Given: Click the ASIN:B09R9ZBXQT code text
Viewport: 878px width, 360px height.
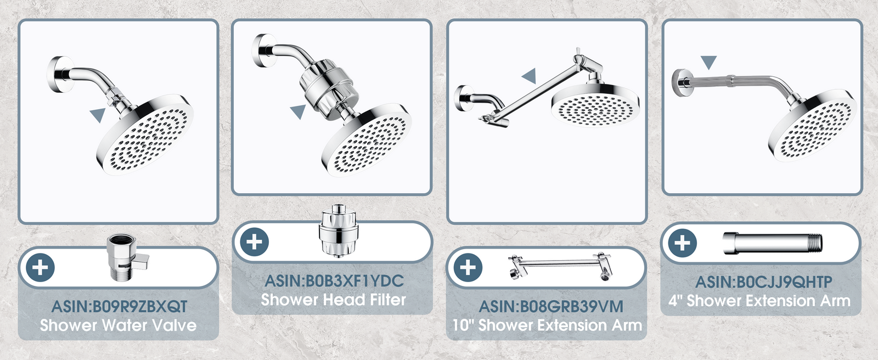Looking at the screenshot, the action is coord(119,306).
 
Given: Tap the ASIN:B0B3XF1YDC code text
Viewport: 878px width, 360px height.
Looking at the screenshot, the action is coord(334,281).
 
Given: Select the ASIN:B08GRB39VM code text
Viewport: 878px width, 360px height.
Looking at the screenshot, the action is coord(551,306).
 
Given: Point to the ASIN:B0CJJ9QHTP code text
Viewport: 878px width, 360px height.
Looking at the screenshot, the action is coord(763,282).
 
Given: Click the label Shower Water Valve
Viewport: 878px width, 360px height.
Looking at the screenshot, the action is coord(119,325).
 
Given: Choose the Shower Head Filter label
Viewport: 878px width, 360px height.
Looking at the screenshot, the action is coord(333,300).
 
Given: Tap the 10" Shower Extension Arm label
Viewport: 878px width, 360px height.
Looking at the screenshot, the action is coord(547,325).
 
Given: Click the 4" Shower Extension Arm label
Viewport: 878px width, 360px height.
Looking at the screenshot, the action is coord(759,301).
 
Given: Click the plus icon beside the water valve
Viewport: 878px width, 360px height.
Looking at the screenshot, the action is coord(40,268).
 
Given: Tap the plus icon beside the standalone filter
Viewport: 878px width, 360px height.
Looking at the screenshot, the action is coord(255,242).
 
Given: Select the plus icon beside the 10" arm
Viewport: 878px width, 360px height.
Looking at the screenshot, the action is coord(468,267).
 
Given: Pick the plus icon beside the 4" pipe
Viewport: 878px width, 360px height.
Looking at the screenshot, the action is coord(683,243).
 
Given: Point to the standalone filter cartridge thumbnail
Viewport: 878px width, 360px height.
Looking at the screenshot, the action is coord(338,230).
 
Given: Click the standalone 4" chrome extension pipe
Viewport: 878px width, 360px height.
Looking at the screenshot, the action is coord(773,244).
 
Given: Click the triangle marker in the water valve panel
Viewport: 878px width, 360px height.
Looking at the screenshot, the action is coord(98,115).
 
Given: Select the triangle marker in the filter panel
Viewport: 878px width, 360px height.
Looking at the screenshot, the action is coord(299,111).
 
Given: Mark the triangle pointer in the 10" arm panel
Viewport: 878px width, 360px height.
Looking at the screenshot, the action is coord(529,76).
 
